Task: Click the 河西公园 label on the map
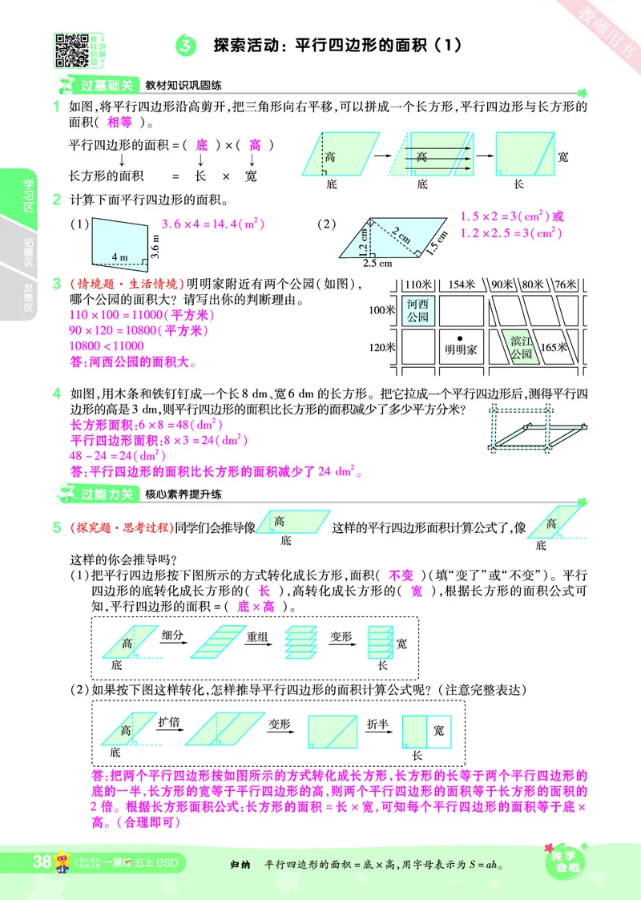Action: (x=417, y=310)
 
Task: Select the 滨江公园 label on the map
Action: (x=521, y=347)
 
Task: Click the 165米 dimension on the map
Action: (x=554, y=347)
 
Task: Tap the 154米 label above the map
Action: (x=462, y=285)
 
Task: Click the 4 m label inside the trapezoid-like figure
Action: (x=120, y=257)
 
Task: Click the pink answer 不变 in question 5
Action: (x=401, y=575)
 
